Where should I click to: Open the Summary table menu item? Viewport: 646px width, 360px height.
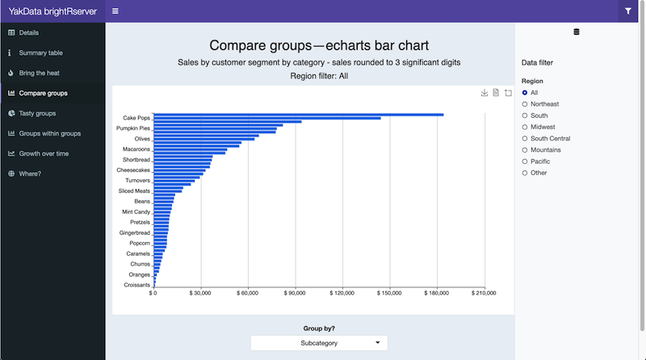click(40, 52)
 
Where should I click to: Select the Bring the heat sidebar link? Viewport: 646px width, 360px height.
click(39, 73)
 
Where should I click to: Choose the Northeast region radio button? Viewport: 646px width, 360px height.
click(526, 104)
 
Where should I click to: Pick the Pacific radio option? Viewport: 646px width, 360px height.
click(526, 161)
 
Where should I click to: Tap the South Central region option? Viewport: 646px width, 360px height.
click(526, 139)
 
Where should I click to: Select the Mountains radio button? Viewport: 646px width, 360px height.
click(526, 150)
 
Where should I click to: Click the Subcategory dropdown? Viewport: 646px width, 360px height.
click(319, 343)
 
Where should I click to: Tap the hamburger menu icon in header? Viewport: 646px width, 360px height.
click(115, 11)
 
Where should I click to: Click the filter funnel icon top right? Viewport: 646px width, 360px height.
click(628, 11)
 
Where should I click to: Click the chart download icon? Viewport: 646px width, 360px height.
click(484, 93)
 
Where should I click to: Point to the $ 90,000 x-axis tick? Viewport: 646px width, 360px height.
click(295, 293)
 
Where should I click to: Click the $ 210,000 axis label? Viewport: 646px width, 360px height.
click(484, 293)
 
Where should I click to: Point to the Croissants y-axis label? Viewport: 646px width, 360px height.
click(136, 285)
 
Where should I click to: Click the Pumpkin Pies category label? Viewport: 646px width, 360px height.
click(133, 128)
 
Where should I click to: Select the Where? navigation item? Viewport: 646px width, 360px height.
click(30, 174)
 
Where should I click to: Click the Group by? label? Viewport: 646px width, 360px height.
click(319, 329)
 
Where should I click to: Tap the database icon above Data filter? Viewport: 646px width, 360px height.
click(576, 32)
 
